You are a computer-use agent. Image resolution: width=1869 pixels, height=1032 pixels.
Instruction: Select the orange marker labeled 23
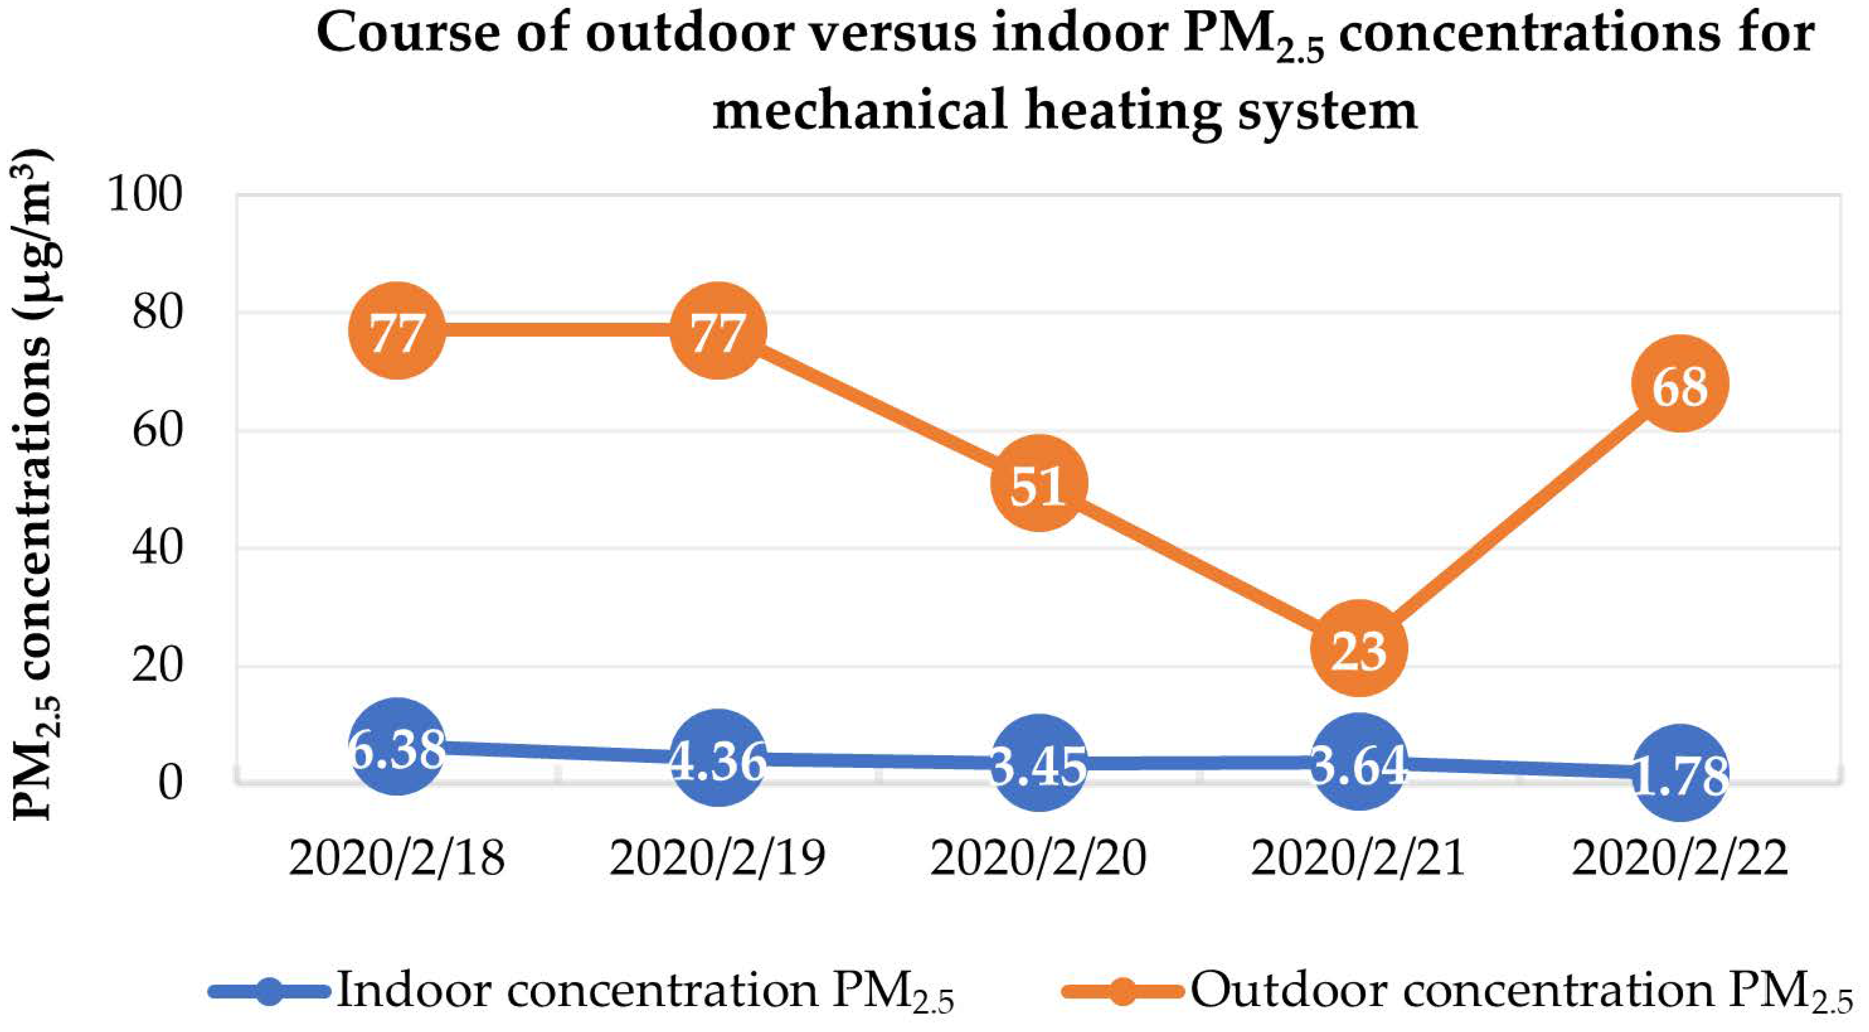1359,648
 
